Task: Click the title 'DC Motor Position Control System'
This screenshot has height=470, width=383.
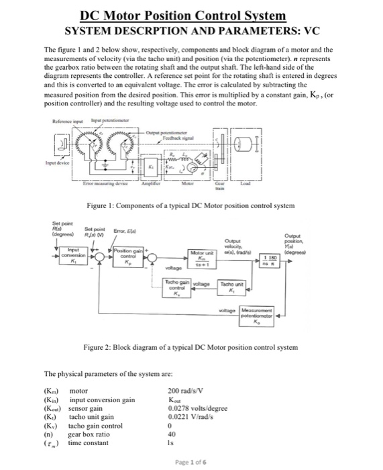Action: click(x=192, y=15)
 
